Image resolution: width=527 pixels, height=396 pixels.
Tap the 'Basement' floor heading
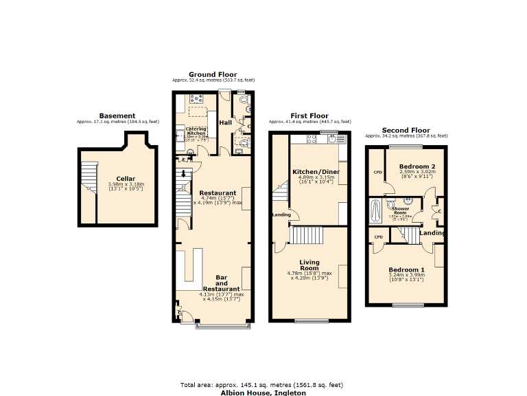[x=117, y=115]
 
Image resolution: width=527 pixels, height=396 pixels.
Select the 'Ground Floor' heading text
[x=213, y=74]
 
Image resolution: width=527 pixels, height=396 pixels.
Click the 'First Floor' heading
[x=309, y=115]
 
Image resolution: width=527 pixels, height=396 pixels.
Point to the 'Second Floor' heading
[x=406, y=130]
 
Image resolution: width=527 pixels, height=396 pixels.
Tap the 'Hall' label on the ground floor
[x=225, y=122]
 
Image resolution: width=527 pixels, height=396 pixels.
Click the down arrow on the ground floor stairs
[x=183, y=175]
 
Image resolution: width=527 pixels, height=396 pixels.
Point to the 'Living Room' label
[x=309, y=265]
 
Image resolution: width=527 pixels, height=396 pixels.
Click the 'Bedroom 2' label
[x=417, y=166]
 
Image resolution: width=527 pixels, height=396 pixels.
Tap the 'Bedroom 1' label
[x=407, y=269]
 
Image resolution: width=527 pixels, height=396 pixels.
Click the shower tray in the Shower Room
[x=375, y=212]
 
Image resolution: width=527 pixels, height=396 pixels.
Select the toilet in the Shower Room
[x=390, y=204]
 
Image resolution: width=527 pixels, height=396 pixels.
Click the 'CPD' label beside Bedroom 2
[x=377, y=173]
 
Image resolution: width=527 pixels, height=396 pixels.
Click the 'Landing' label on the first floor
[x=281, y=214]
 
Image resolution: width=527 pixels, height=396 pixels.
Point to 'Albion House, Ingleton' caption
[x=261, y=393]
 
